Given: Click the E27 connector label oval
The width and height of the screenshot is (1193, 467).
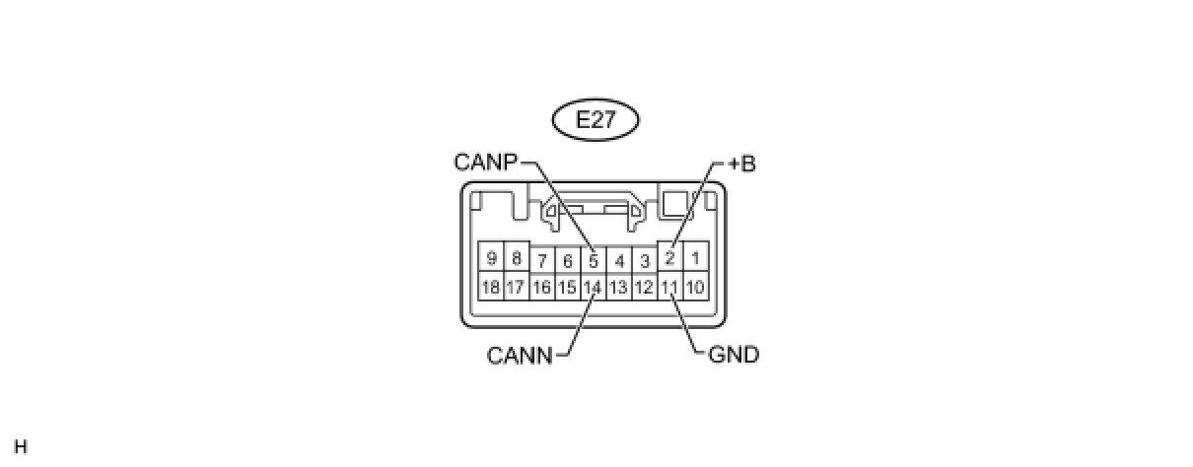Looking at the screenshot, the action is click(x=596, y=121).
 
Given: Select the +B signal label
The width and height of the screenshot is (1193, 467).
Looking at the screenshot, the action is click(x=741, y=164).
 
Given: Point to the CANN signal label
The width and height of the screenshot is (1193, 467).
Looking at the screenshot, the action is click(x=520, y=355).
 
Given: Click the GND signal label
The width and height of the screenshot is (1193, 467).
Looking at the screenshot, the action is click(x=734, y=355).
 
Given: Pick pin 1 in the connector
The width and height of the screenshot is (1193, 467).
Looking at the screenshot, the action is click(x=695, y=259).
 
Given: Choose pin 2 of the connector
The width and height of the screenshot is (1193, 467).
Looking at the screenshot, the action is click(x=669, y=259).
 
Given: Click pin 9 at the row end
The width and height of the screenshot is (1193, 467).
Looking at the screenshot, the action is click(x=490, y=259).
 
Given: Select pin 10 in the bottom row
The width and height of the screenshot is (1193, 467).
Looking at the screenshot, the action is click(x=695, y=288).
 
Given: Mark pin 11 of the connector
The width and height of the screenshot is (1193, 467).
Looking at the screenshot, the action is click(x=669, y=288).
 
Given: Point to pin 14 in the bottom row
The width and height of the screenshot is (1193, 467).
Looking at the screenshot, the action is click(x=593, y=288).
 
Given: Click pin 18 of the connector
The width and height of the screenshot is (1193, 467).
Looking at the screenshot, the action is click(x=490, y=288).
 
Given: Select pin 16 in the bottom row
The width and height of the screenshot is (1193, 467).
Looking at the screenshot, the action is click(x=541, y=288).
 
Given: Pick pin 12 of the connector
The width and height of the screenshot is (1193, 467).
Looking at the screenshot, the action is click(x=644, y=288).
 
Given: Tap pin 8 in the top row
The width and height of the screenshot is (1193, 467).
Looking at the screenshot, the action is click(x=516, y=259).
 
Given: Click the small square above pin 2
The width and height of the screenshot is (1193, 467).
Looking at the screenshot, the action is click(x=675, y=204).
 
